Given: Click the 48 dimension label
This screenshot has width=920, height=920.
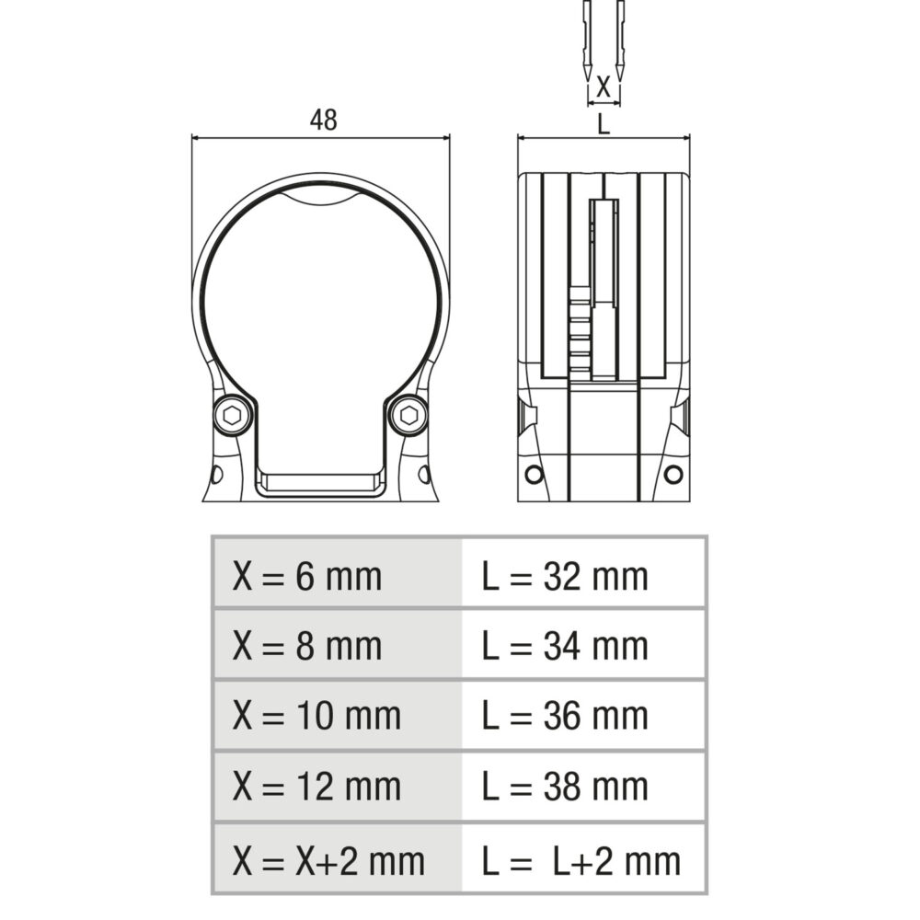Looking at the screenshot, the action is click(x=323, y=120).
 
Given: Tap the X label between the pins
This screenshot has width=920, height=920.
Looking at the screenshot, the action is click(x=604, y=86).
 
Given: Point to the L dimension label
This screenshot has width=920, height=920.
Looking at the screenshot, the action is click(x=604, y=124).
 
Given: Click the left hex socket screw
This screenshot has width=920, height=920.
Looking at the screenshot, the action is click(x=233, y=416).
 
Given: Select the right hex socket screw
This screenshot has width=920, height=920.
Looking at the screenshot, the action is click(x=408, y=416).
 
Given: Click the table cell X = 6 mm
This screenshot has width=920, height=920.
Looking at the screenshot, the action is click(x=338, y=572).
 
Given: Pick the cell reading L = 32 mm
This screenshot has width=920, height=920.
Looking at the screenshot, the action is click(x=583, y=572).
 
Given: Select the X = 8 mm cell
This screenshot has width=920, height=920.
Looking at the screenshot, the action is click(x=338, y=644).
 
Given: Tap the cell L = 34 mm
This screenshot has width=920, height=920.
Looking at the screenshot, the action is click(x=583, y=644).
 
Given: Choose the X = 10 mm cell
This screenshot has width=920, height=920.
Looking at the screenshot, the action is click(x=338, y=715).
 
